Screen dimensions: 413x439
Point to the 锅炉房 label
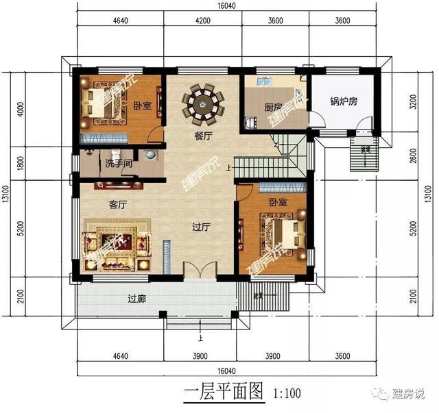coord(342,102)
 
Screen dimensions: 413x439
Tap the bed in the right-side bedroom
coord(282,232)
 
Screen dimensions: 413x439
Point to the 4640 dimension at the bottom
coord(110,355)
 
